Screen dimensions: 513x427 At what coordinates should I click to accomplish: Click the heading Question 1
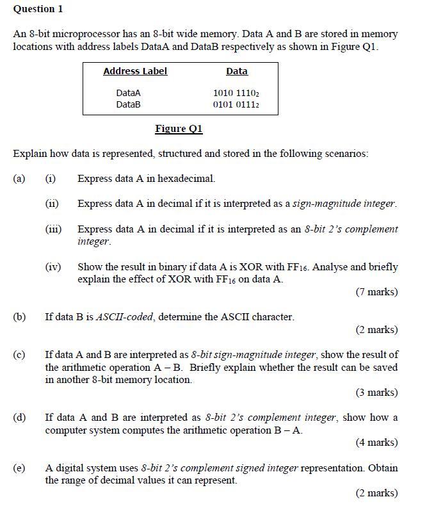[38, 9]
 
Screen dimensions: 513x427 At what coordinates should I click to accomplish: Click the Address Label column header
[135, 71]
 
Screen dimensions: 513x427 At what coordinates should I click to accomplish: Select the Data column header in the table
[237, 71]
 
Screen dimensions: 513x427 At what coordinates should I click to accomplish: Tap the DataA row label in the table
[128, 93]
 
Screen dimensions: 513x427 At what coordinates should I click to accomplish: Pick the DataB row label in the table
[128, 104]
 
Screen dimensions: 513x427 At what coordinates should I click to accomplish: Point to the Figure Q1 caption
[179, 129]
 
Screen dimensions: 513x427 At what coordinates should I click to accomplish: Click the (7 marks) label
[376, 292]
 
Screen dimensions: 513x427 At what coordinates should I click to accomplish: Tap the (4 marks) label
[376, 442]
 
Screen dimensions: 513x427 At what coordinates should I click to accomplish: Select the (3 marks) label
[376, 392]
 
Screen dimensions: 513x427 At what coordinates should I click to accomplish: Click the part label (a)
[20, 179]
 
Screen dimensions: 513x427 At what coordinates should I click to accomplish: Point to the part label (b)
[20, 316]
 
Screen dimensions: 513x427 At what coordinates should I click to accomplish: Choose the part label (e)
[20, 468]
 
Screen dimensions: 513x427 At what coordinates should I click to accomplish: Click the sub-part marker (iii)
[53, 229]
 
